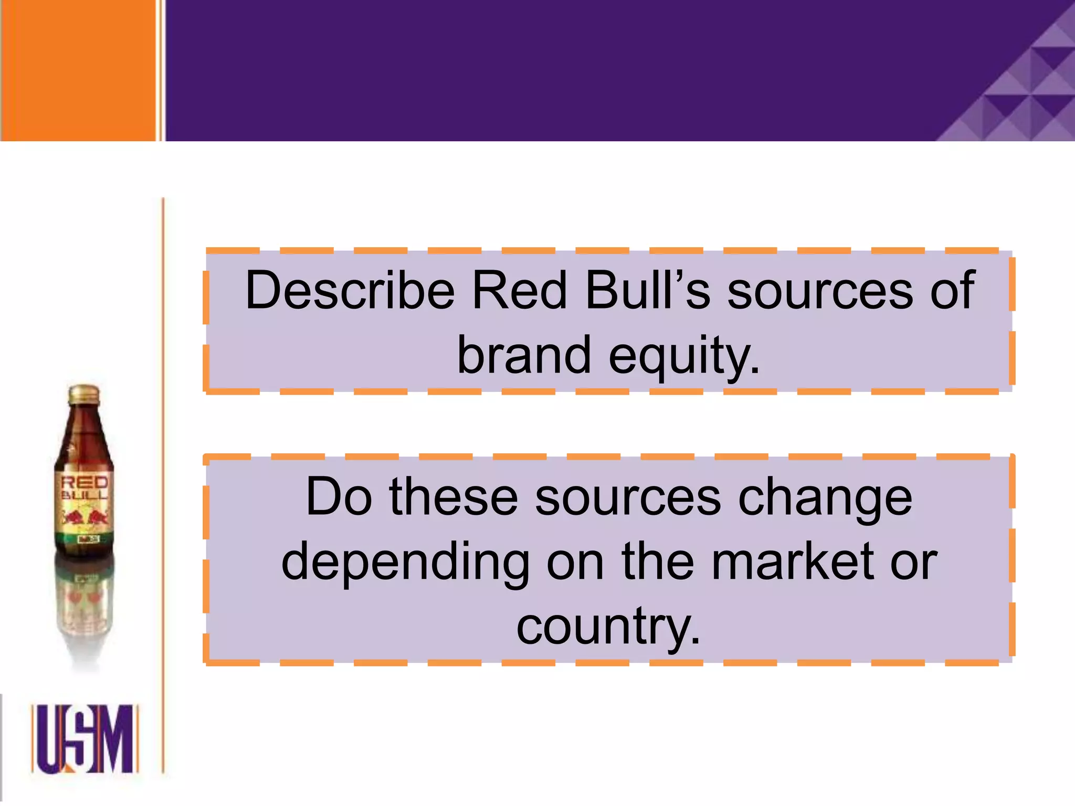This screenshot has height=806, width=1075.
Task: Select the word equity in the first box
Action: click(684, 356)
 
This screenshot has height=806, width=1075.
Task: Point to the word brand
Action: click(524, 355)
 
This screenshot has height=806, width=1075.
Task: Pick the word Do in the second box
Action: click(339, 496)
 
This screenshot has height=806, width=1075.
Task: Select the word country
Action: click(608, 627)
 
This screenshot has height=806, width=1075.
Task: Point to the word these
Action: click(454, 496)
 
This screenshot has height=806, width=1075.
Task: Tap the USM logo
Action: click(84, 739)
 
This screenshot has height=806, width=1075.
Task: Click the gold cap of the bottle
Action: click(84, 394)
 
